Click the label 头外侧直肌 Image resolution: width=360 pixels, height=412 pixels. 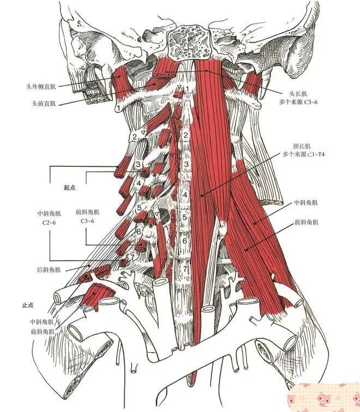point(41,87)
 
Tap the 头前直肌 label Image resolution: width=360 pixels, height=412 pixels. point(44,103)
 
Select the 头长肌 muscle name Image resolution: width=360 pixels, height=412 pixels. point(298,94)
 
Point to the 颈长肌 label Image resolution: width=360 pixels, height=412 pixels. point(301,147)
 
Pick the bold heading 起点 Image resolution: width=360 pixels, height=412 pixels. point(70,187)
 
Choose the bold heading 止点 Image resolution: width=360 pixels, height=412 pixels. point(28,305)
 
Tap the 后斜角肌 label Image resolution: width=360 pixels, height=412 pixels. point(49,270)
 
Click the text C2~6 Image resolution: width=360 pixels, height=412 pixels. point(49,222)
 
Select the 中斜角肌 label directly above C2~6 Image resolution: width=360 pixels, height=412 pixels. point(49,214)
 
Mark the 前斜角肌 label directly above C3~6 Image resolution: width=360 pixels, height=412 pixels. point(88,212)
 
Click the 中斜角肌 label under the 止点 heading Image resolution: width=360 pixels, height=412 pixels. point(42,322)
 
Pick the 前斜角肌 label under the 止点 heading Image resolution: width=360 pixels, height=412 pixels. point(42,331)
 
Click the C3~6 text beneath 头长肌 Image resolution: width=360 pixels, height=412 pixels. point(311,102)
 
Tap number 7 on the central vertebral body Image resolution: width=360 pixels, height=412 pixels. point(185,269)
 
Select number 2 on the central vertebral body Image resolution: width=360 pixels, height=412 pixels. point(185,135)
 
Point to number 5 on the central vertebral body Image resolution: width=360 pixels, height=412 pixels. point(185,217)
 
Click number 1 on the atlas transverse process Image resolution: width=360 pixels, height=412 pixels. point(119,107)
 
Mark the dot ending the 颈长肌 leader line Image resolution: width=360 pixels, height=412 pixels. point(202,195)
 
